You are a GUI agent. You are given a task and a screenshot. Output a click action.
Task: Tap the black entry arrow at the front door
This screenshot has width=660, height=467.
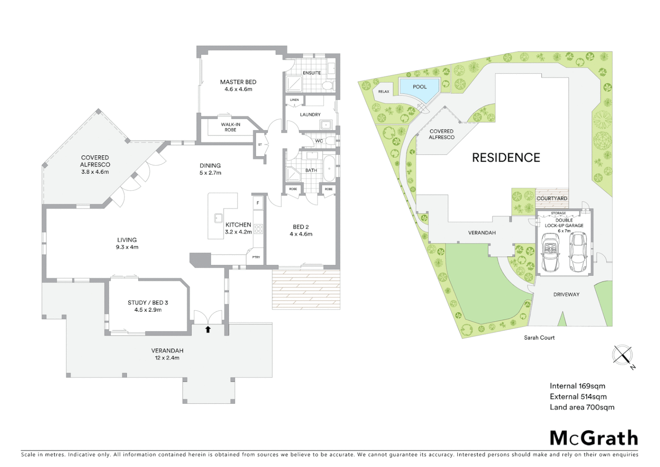208,329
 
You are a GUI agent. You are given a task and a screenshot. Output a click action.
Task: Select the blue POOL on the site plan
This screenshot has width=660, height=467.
419,87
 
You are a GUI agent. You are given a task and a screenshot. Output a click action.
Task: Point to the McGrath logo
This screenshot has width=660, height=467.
593,438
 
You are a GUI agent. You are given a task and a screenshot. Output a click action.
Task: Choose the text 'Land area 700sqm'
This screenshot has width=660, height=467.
581,407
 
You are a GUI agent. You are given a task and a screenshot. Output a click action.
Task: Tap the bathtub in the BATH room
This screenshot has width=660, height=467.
330,169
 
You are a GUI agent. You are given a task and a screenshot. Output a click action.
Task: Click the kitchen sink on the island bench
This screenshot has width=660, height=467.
219,218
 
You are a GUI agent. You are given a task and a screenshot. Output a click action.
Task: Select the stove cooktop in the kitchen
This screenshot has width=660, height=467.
258,228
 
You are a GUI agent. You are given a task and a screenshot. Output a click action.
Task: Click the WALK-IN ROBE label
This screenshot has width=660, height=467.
231,127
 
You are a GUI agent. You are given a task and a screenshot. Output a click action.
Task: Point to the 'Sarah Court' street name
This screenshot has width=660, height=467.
539,337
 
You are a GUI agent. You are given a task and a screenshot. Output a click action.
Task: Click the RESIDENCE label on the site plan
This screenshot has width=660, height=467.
506,158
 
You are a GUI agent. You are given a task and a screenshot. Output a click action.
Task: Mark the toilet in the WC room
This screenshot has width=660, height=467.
330,141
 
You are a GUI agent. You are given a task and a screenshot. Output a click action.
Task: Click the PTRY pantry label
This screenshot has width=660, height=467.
256,257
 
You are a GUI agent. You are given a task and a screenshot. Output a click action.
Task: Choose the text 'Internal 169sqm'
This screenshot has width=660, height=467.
577,386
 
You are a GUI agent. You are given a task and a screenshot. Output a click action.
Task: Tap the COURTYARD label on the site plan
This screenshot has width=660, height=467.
552,198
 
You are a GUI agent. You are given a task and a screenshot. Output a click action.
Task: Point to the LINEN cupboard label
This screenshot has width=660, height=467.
294,100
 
